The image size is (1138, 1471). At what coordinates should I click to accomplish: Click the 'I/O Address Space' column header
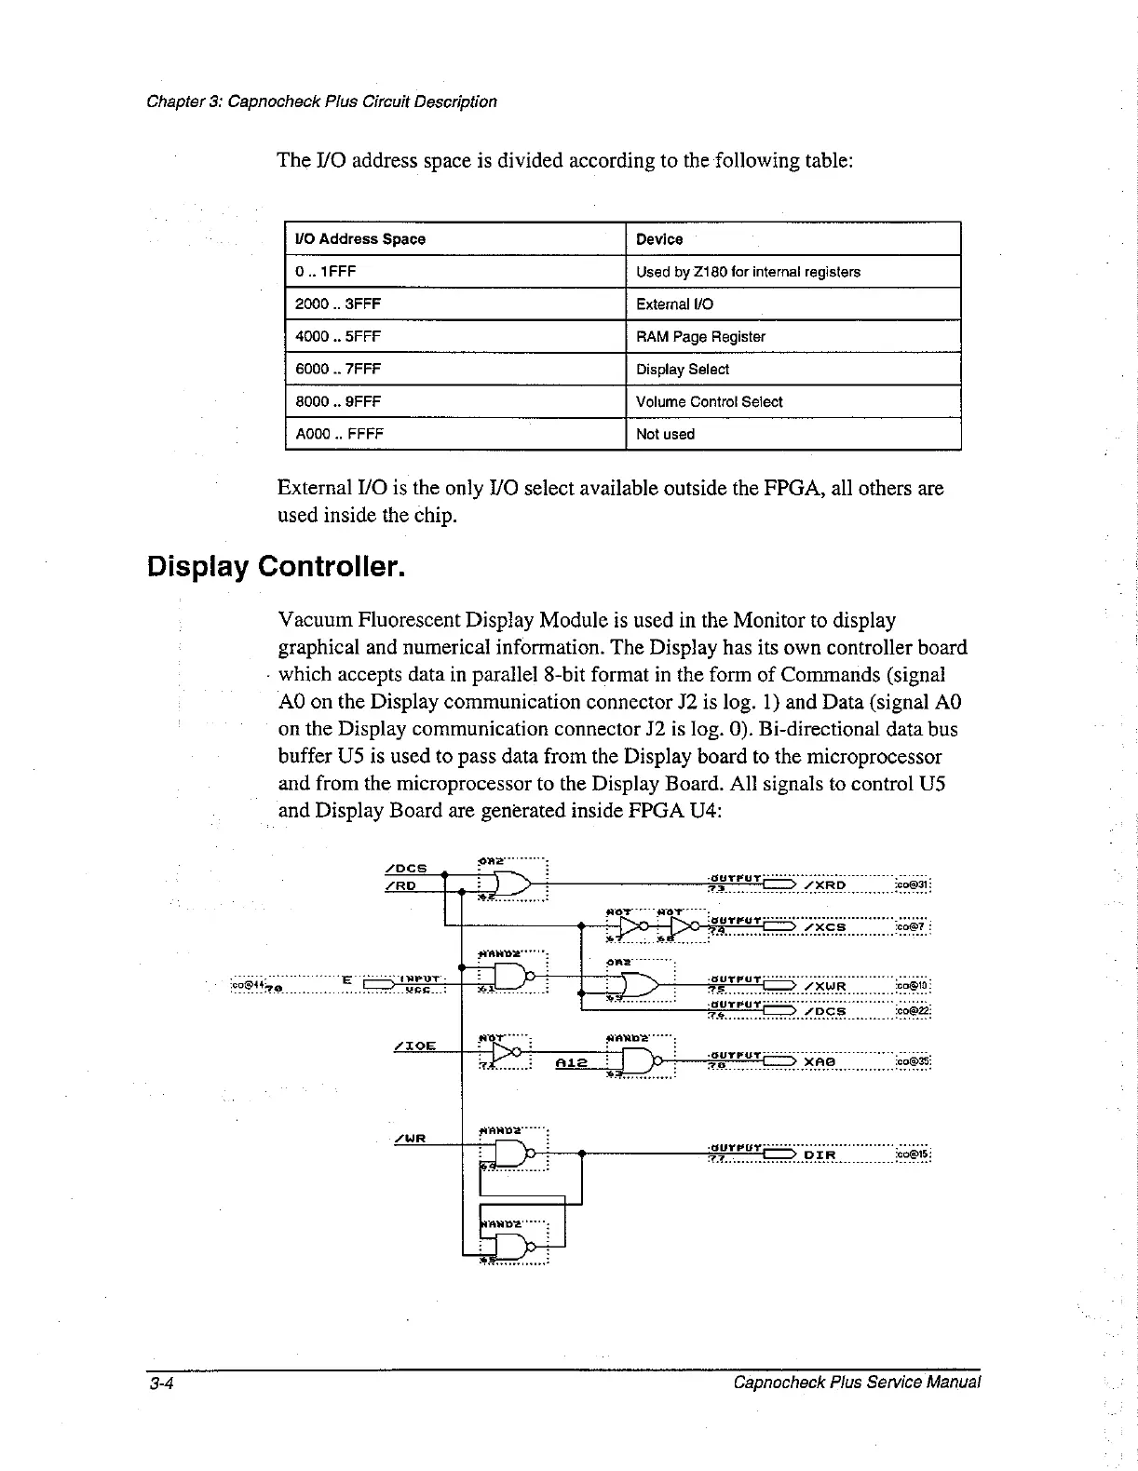click(360, 239)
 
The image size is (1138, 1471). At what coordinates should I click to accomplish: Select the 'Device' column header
click(659, 239)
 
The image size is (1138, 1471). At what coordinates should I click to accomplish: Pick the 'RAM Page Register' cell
click(700, 337)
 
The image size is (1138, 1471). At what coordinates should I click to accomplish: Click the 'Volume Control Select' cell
click(709, 402)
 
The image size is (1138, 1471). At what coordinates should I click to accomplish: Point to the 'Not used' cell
click(665, 435)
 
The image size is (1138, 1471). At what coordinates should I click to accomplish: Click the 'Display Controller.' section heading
click(277, 566)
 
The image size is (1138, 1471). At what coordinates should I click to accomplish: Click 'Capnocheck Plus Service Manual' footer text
click(857, 1383)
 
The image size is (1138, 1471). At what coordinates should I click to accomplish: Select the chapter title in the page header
click(322, 101)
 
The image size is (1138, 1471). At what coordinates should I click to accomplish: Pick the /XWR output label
click(823, 987)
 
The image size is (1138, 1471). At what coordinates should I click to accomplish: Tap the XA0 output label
click(820, 1061)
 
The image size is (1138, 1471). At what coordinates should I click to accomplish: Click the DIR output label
click(820, 1155)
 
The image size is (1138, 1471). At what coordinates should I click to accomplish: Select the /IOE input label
click(414, 1046)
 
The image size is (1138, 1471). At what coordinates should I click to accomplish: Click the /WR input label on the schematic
click(410, 1139)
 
